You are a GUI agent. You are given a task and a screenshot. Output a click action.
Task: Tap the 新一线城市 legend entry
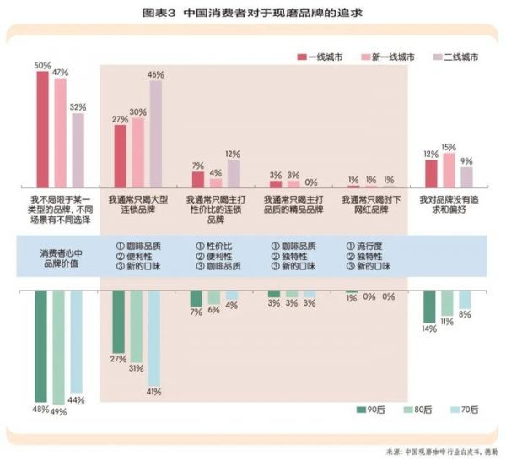tap(388, 57)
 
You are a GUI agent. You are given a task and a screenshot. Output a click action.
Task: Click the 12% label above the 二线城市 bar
tap(234, 154)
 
